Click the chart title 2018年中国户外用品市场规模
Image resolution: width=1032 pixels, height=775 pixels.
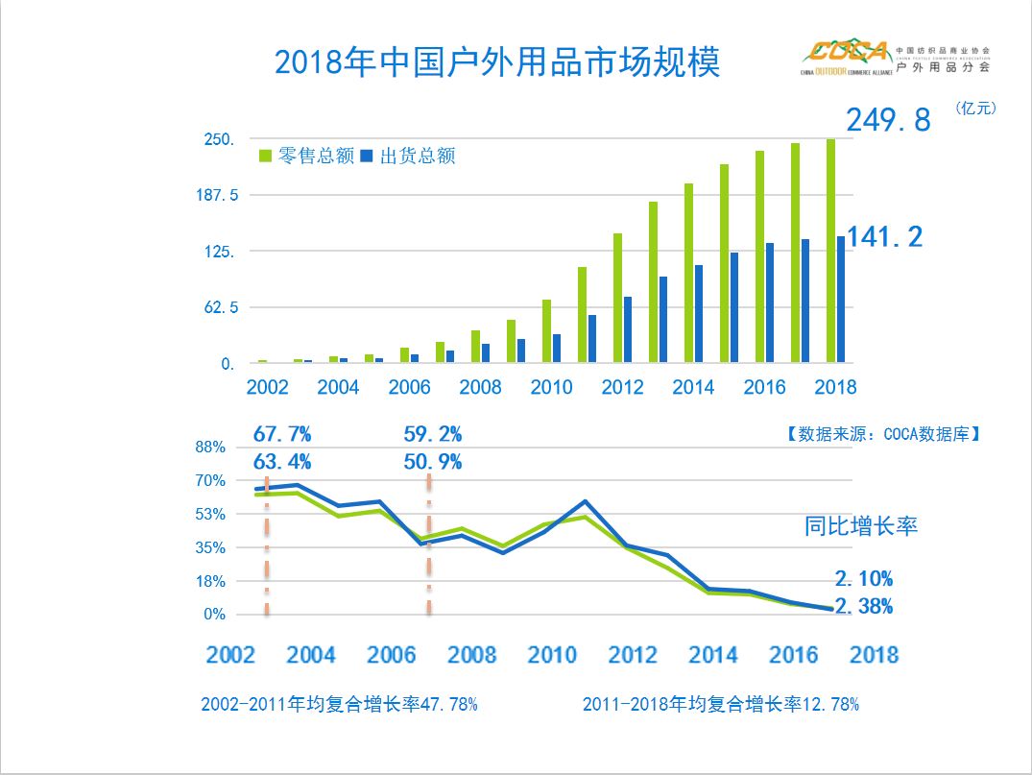pos(496,63)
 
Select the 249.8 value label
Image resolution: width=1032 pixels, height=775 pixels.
pos(888,121)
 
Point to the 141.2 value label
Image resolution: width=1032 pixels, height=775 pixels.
pos(884,236)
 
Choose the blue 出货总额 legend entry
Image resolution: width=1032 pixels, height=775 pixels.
pos(408,156)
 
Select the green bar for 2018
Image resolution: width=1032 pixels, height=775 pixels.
pos(830,252)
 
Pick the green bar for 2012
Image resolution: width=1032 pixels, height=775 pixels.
pos(617,298)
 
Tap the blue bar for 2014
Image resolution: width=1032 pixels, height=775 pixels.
pos(699,314)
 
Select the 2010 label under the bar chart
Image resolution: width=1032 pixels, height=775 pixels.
pos(550,387)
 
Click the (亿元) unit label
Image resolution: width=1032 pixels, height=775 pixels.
pos(975,109)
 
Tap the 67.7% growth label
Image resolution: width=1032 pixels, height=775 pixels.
pos(282,435)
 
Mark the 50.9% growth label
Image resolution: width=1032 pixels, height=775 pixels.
pos(432,462)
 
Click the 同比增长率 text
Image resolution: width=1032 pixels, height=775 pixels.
pos(860,526)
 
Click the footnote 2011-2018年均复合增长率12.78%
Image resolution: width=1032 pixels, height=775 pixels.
pos(720,704)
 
